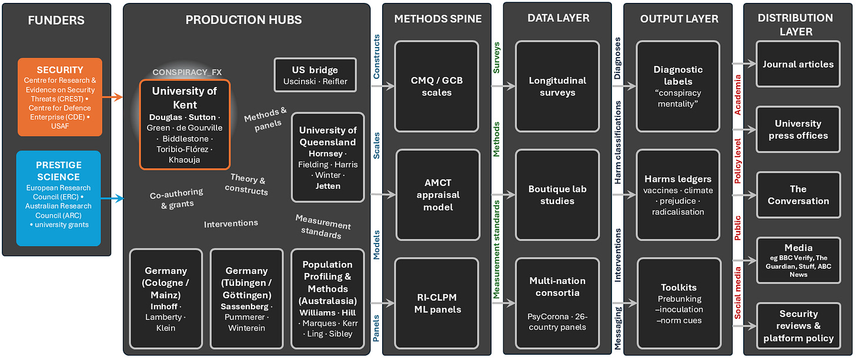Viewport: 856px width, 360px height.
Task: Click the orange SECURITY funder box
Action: click(60, 97)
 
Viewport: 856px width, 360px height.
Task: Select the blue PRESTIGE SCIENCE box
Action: click(58, 198)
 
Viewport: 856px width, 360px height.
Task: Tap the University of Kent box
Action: click(185, 125)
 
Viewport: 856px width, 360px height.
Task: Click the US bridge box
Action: click(315, 75)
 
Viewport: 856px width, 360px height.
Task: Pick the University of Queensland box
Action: click(328, 158)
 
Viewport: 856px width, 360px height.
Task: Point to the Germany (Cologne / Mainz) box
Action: click(166, 299)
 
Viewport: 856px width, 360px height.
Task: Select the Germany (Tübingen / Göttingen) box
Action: click(246, 299)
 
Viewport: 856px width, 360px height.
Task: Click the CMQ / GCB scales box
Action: click(437, 86)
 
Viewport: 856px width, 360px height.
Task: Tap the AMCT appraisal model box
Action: click(438, 195)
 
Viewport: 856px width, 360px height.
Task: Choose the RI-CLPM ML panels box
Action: click(437, 304)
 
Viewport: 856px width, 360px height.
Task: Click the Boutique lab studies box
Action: click(557, 195)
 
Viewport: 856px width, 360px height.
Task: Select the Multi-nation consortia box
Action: click(557, 304)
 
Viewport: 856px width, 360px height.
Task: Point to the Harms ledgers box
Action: click(678, 195)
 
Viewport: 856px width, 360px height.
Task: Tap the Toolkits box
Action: click(679, 304)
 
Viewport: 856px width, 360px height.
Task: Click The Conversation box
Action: click(798, 195)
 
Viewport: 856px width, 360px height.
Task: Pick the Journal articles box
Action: click(798, 64)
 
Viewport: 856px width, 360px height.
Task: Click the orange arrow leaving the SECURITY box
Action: click(112, 97)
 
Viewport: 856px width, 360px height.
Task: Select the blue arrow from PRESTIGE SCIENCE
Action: click(112, 198)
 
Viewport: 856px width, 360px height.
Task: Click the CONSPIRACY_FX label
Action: click(187, 72)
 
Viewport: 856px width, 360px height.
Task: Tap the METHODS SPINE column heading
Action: click(438, 19)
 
